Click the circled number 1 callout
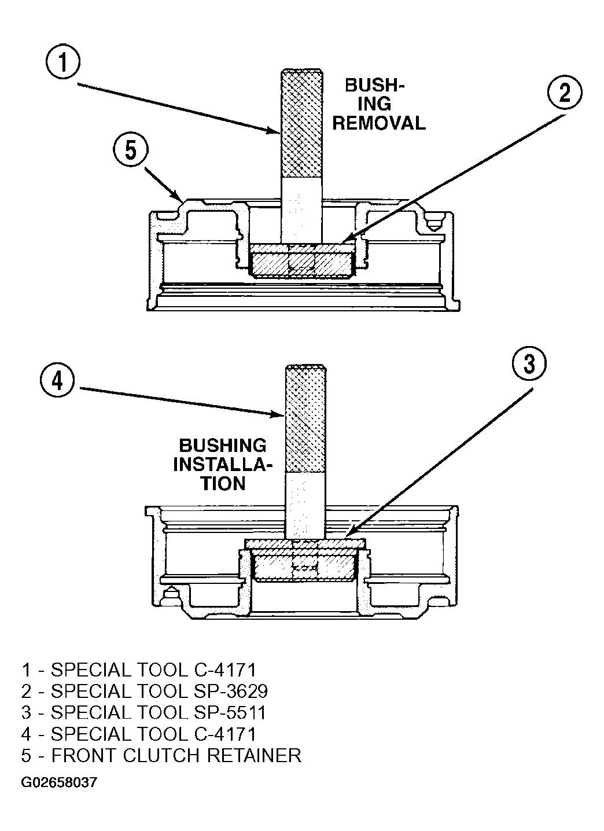click(63, 61)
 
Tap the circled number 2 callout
click(564, 93)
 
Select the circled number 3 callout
click(529, 363)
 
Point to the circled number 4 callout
click(57, 381)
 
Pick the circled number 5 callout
click(131, 150)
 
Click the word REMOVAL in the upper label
click(379, 123)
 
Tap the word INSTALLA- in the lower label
click(223, 464)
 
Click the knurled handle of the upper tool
click(301, 123)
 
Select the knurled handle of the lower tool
click(305, 419)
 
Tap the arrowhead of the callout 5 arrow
click(178, 197)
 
